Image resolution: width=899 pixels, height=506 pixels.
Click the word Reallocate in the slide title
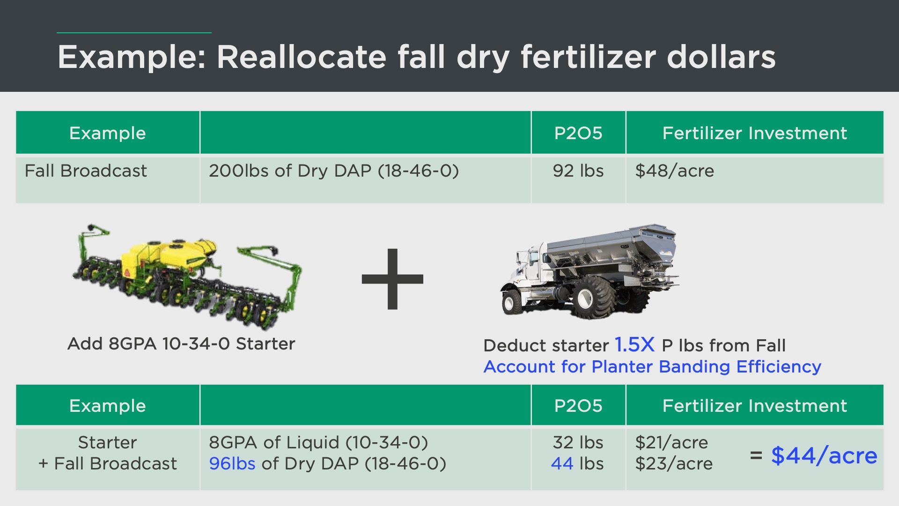(x=302, y=57)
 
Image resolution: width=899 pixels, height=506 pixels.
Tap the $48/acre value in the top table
(x=675, y=171)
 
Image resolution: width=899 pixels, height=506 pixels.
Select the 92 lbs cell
(x=578, y=171)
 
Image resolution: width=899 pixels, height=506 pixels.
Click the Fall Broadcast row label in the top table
(x=86, y=171)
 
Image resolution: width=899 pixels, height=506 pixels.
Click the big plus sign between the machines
(x=392, y=279)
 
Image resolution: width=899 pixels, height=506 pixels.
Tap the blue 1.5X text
(x=634, y=345)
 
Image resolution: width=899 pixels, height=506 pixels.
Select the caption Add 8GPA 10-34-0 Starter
(x=181, y=344)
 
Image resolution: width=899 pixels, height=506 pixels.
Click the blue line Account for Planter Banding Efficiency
(x=652, y=367)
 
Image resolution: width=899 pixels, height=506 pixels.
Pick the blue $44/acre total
(x=824, y=455)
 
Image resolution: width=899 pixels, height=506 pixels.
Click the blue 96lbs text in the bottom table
(x=232, y=463)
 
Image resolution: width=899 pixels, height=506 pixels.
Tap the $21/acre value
(x=671, y=442)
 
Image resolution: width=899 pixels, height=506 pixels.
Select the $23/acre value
(x=674, y=463)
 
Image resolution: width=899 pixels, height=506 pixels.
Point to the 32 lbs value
(x=578, y=442)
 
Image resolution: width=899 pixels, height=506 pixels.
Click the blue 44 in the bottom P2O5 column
(x=562, y=463)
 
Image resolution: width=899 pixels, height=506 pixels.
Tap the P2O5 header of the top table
(x=578, y=133)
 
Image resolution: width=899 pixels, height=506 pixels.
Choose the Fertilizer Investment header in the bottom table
(x=755, y=406)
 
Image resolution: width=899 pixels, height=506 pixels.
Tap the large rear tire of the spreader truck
(x=591, y=298)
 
